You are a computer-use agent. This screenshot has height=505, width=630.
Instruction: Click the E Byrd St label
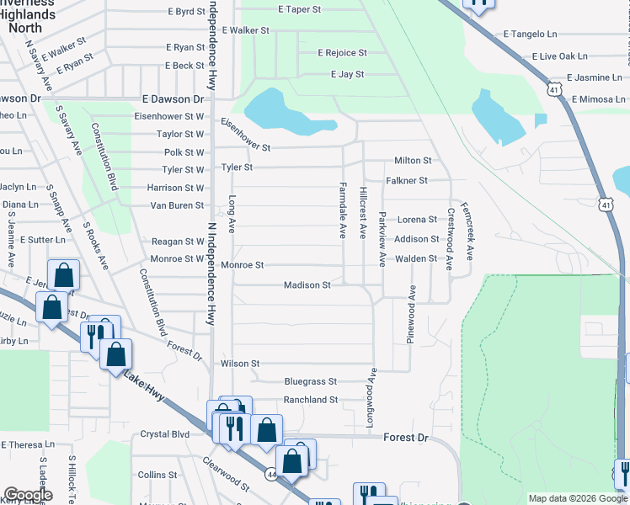click(x=186, y=12)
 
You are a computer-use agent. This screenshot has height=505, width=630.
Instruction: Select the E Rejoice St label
click(x=342, y=53)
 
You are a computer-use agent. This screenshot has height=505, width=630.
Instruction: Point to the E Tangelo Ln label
click(x=531, y=34)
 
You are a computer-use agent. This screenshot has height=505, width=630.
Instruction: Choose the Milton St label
click(x=413, y=161)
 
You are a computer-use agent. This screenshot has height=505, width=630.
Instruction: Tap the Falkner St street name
click(x=407, y=181)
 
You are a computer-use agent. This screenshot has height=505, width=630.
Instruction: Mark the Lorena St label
click(x=417, y=220)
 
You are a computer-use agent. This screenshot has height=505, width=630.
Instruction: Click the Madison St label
click(x=307, y=285)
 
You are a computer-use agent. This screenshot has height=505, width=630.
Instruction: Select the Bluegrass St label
click(x=310, y=381)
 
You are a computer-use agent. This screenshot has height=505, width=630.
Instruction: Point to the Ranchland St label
click(x=310, y=400)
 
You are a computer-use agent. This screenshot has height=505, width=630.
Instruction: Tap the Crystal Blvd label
click(x=164, y=434)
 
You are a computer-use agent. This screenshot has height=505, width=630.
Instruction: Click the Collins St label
click(x=157, y=476)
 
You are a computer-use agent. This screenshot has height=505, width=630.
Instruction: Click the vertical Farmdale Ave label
click(x=343, y=210)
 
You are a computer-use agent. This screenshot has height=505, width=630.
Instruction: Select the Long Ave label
click(x=232, y=215)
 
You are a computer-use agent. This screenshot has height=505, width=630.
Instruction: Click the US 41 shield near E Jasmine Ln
click(x=553, y=88)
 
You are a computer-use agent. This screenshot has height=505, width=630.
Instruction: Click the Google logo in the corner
click(x=28, y=495)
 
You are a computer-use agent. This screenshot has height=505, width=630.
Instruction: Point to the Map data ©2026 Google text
click(x=578, y=498)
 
